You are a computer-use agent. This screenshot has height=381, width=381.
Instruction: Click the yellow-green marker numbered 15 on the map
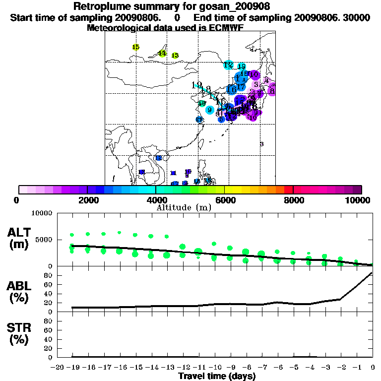click(136, 47)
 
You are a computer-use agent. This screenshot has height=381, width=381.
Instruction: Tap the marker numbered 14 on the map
click(162, 53)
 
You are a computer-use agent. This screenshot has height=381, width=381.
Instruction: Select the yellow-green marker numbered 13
click(175, 56)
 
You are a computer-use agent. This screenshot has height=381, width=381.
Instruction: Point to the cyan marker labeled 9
click(210, 110)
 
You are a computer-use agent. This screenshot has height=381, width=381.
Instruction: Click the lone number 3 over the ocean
click(261, 144)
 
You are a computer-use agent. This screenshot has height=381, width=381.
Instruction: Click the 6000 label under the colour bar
click(225, 200)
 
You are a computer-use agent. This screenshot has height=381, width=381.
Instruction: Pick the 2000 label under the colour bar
click(87, 200)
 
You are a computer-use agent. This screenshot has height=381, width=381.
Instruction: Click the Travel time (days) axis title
click(217, 377)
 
